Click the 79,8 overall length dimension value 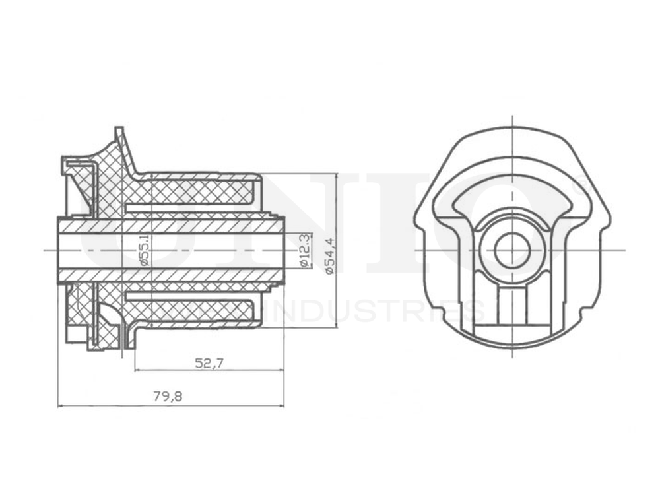[x=168, y=396]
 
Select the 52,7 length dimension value [x=208, y=362]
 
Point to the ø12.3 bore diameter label [x=304, y=250]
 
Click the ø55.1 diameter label [x=145, y=250]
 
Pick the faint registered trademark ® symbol [x=581, y=191]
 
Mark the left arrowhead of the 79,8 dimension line [x=61, y=405]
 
